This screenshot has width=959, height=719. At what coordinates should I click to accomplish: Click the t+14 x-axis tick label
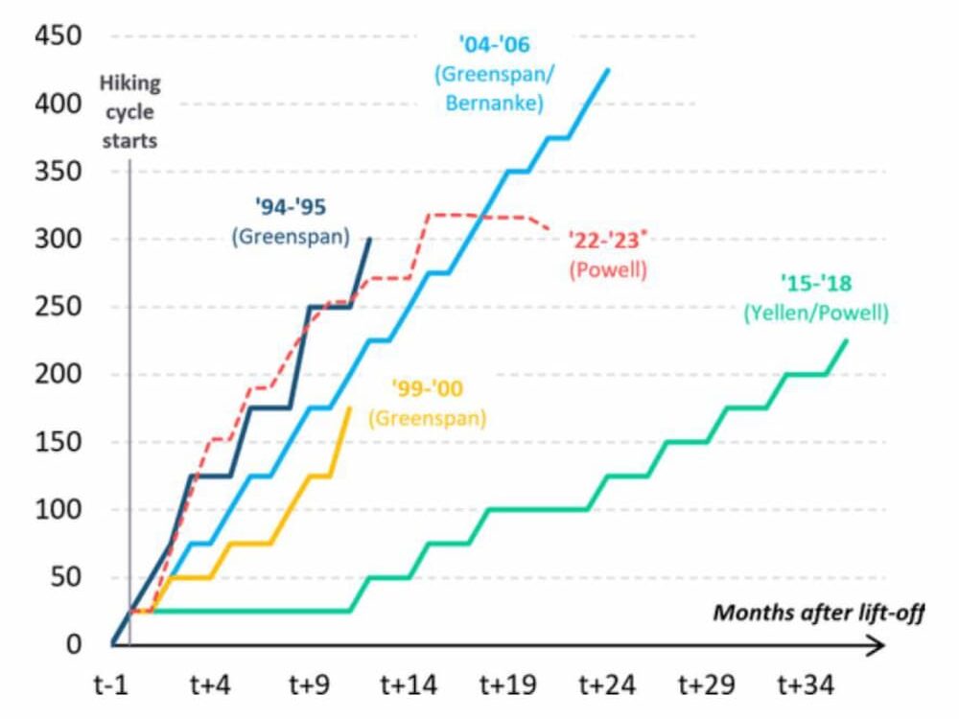point(409,685)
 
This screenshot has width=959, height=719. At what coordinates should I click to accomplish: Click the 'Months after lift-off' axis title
point(818,612)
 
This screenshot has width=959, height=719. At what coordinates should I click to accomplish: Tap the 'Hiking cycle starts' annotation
point(129,111)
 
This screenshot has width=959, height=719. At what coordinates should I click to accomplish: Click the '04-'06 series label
point(494,44)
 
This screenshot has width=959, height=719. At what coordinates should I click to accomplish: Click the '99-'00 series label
point(427,389)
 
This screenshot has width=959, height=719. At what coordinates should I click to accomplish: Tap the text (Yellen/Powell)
point(816,313)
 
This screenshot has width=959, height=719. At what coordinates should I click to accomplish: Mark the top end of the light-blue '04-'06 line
point(608,70)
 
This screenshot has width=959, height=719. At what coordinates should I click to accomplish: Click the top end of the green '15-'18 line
point(847,340)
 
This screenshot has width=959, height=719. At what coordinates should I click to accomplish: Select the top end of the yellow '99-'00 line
point(350,408)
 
